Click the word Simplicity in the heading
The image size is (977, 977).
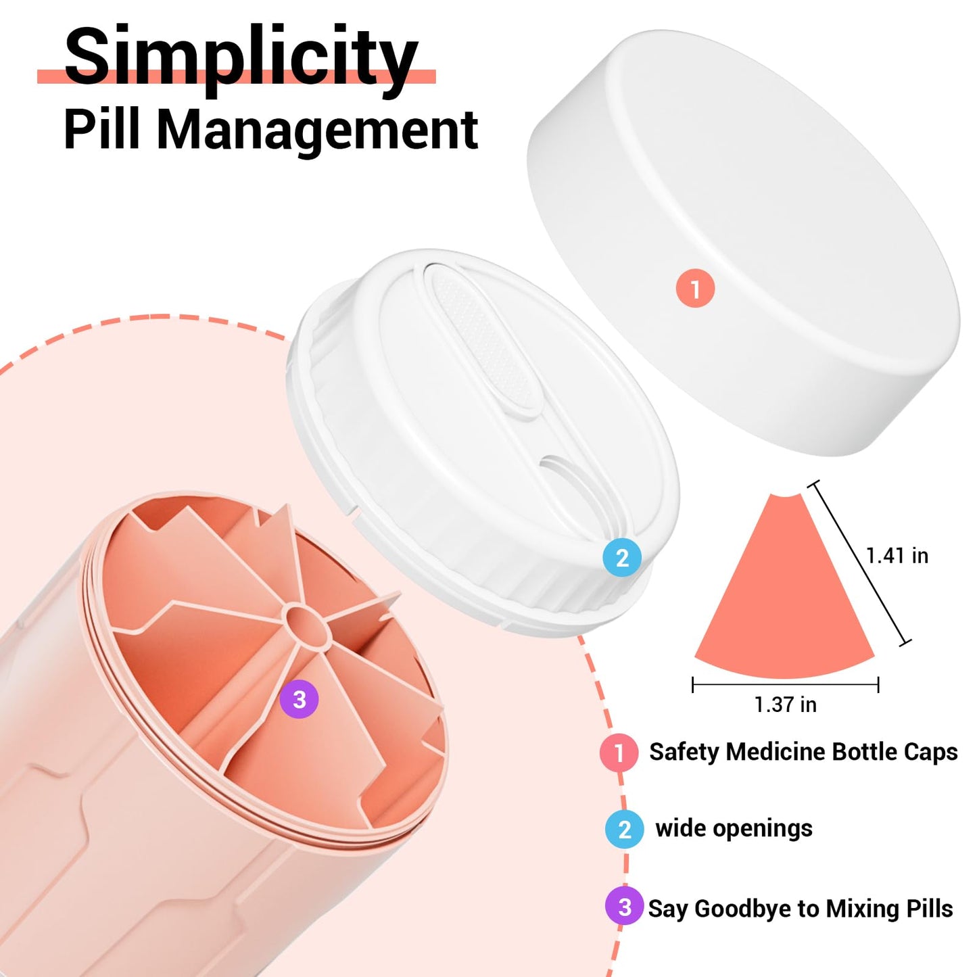(241, 59)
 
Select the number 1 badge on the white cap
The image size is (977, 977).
(695, 288)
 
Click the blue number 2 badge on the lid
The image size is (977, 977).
(622, 557)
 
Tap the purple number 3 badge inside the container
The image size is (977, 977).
(299, 699)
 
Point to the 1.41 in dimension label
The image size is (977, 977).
(897, 556)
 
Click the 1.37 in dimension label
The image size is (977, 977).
(786, 705)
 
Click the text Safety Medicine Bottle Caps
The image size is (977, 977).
(804, 751)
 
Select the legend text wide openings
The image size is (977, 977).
(734, 829)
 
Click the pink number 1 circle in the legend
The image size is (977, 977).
(619, 753)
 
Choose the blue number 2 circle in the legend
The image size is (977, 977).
(625, 830)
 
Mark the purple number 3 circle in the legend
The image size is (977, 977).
(625, 907)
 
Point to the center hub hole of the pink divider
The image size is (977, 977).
(308, 625)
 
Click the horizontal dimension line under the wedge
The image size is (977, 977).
(786, 684)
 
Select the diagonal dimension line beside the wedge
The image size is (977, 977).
(860, 563)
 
